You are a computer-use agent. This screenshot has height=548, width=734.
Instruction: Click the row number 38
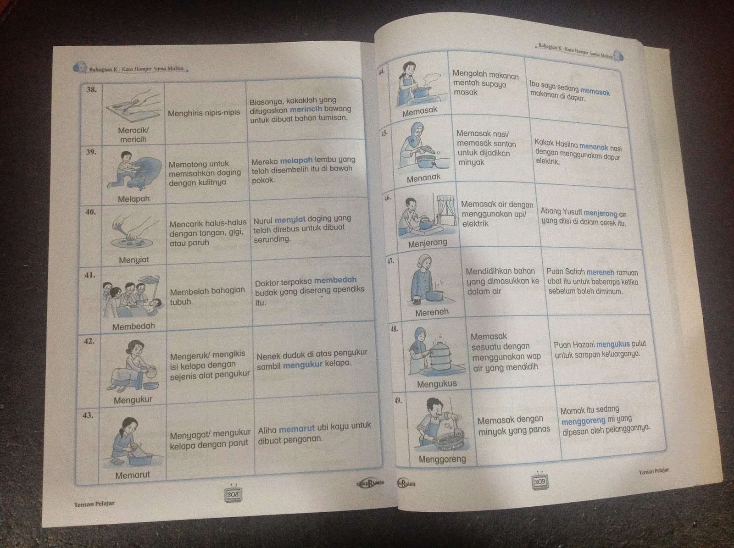point(91,89)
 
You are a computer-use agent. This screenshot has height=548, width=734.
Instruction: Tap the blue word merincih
point(306,109)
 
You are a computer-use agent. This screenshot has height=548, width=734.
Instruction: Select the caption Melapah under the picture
point(133,199)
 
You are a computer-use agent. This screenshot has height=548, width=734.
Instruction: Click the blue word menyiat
point(290,220)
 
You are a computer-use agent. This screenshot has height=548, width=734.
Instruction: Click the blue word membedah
point(335,280)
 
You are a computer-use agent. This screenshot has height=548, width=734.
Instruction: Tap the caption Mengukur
point(133,399)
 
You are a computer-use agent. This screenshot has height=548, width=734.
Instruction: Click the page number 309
point(539,482)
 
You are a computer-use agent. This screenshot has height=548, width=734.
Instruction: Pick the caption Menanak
point(424,178)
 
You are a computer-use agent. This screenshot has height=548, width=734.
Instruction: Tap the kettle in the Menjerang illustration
point(426,222)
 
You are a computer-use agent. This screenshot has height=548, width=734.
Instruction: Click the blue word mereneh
point(600,272)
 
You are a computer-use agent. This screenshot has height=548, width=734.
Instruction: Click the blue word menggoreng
point(583,421)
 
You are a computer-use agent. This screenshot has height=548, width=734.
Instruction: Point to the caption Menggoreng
point(442,459)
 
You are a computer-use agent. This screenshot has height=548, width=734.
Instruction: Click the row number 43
point(88,415)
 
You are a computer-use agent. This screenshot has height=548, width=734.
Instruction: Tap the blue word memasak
point(595,92)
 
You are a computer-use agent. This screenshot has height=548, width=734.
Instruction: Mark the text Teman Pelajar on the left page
point(95,504)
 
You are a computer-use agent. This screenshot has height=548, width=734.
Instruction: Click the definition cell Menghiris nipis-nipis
point(204,113)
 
